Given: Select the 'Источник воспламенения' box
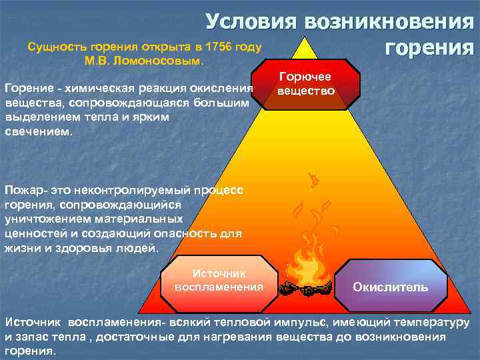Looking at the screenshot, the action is [219, 280].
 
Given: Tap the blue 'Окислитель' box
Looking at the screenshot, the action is [390, 287].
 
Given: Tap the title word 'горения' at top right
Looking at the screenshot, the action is [429, 48].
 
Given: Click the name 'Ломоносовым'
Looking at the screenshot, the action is [164, 61].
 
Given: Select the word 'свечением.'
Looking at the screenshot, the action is [36, 131].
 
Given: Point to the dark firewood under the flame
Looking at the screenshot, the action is [307, 289].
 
